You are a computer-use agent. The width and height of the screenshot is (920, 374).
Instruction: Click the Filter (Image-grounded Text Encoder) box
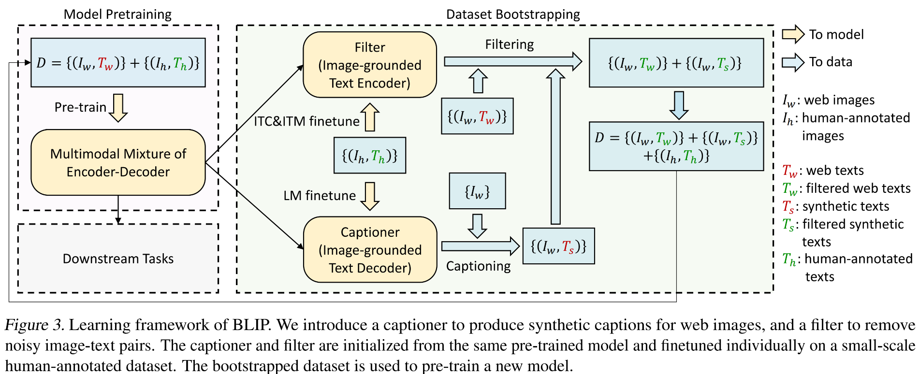click(x=370, y=65)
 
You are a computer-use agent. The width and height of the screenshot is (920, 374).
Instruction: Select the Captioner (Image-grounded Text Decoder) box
click(x=370, y=249)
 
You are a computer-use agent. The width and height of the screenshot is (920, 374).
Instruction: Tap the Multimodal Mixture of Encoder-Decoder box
click(x=118, y=162)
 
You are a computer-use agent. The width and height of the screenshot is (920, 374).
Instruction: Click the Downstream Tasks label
click(x=118, y=259)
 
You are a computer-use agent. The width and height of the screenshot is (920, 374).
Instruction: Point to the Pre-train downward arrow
click(x=118, y=107)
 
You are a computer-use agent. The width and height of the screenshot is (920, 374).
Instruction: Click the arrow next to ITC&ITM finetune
click(x=370, y=117)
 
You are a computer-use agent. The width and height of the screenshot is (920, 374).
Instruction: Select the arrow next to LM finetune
click(x=370, y=196)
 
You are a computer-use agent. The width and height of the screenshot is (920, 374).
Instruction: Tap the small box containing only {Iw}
click(x=477, y=191)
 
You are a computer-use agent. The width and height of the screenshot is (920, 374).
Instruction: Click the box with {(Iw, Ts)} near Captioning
click(x=558, y=246)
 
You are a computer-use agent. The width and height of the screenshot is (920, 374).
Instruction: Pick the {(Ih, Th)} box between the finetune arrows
click(x=370, y=155)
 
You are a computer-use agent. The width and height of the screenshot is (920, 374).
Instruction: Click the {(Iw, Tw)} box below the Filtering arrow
click(x=477, y=116)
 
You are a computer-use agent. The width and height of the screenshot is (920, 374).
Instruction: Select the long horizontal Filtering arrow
click(x=512, y=61)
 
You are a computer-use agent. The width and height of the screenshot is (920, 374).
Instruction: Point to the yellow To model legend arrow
click(x=793, y=34)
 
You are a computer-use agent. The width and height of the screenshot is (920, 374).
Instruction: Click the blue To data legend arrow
click(x=793, y=62)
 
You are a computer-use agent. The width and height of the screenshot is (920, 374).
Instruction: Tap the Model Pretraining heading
click(x=117, y=14)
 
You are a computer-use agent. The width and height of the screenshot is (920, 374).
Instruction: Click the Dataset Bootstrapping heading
click(x=512, y=14)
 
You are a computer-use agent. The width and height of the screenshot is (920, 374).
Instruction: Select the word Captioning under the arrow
click(x=478, y=266)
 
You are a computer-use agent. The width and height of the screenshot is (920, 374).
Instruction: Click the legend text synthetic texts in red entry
click(x=845, y=206)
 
